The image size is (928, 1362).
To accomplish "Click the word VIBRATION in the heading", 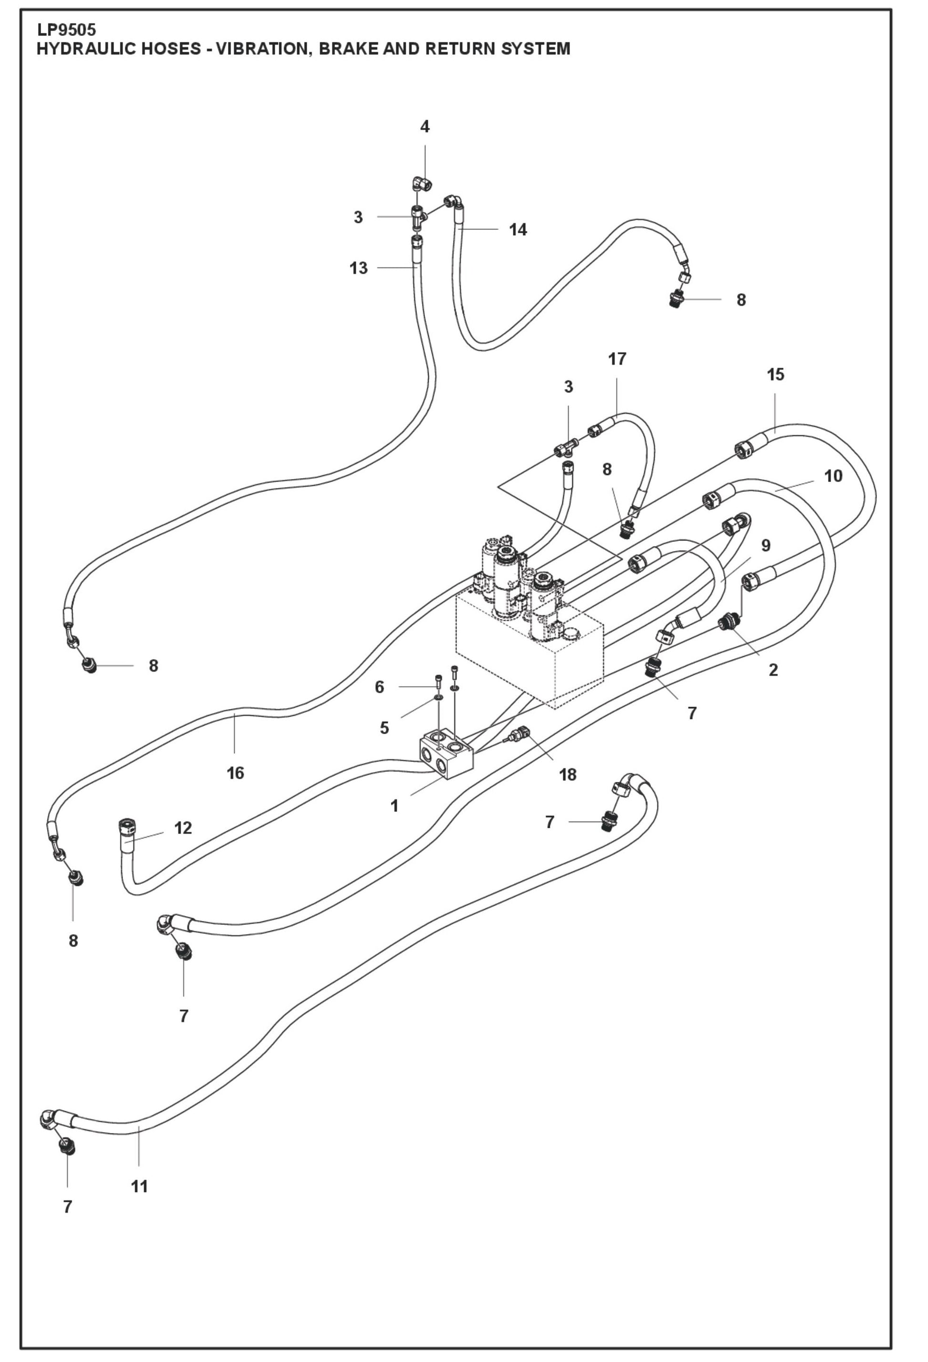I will point(262,49).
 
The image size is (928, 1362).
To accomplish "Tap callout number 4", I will point(425,126).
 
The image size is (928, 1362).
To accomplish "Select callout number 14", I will point(517,230).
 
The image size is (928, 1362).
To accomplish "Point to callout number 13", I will point(359,268).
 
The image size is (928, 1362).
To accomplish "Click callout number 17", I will point(617,359).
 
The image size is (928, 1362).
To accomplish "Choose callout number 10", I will point(833,476).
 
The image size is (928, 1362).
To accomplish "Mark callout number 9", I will point(766,546).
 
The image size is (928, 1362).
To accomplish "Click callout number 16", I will point(235,773).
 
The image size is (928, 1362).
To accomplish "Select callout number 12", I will point(183,828).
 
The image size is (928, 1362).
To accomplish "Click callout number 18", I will point(567,775).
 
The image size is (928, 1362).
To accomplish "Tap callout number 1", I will point(394,806).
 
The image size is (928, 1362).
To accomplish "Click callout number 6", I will point(379,687).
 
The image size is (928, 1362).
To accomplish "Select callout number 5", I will point(384,728).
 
